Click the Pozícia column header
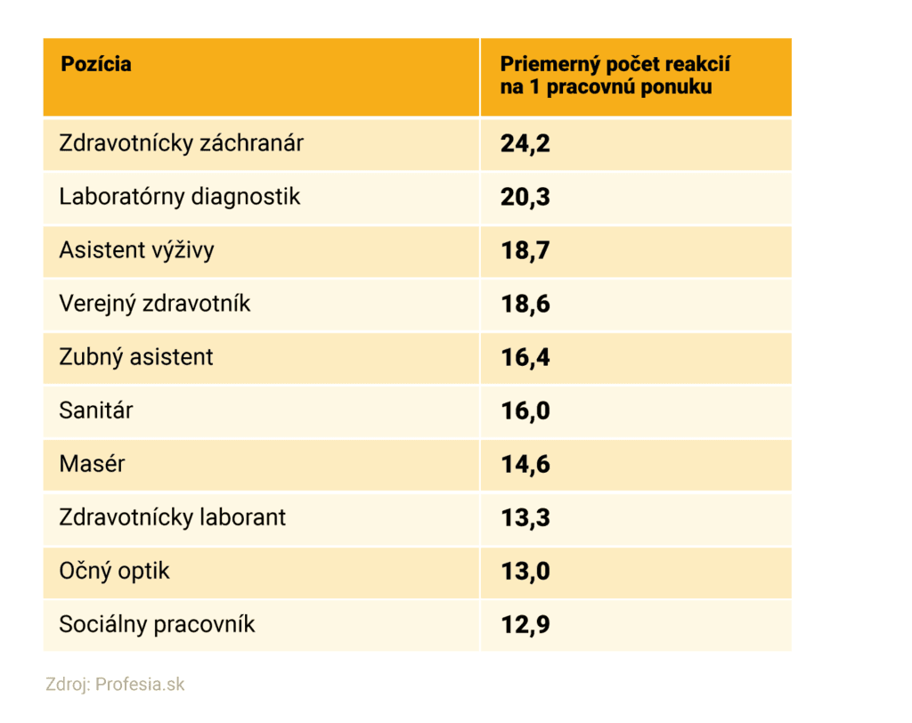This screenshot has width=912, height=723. (95, 64)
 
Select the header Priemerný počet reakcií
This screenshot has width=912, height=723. (615, 76)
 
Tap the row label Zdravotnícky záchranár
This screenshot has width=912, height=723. (181, 143)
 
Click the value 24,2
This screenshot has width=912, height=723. (525, 144)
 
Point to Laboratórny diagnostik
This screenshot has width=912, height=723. (180, 197)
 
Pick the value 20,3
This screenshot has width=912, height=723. (525, 198)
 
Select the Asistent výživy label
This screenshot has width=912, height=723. (136, 251)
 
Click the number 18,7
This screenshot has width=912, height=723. (525, 251)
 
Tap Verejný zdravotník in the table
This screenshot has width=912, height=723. (155, 305)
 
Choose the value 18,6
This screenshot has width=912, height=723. (525, 305)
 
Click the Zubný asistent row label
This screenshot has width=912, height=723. (136, 358)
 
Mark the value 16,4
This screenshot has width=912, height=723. (525, 358)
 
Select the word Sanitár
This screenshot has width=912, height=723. (96, 411)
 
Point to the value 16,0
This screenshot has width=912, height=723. (525, 411)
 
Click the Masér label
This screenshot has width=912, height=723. (92, 465)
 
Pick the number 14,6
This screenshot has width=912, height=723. (525, 465)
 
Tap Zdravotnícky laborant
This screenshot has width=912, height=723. (172, 518)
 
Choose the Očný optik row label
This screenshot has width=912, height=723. (114, 572)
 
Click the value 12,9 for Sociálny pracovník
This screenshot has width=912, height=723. (525, 625)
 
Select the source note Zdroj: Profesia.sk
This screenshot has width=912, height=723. (116, 685)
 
